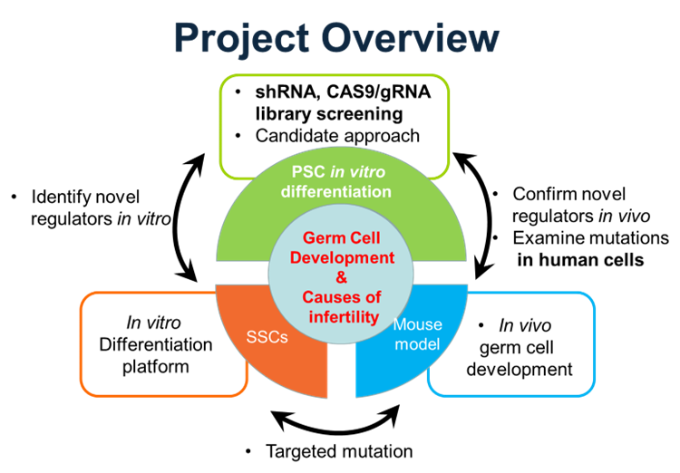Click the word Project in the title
(x=231, y=38)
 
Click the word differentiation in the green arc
(x=335, y=191)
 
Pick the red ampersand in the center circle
(x=342, y=277)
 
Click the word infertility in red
(x=342, y=316)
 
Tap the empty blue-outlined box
(x=535, y=344)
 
